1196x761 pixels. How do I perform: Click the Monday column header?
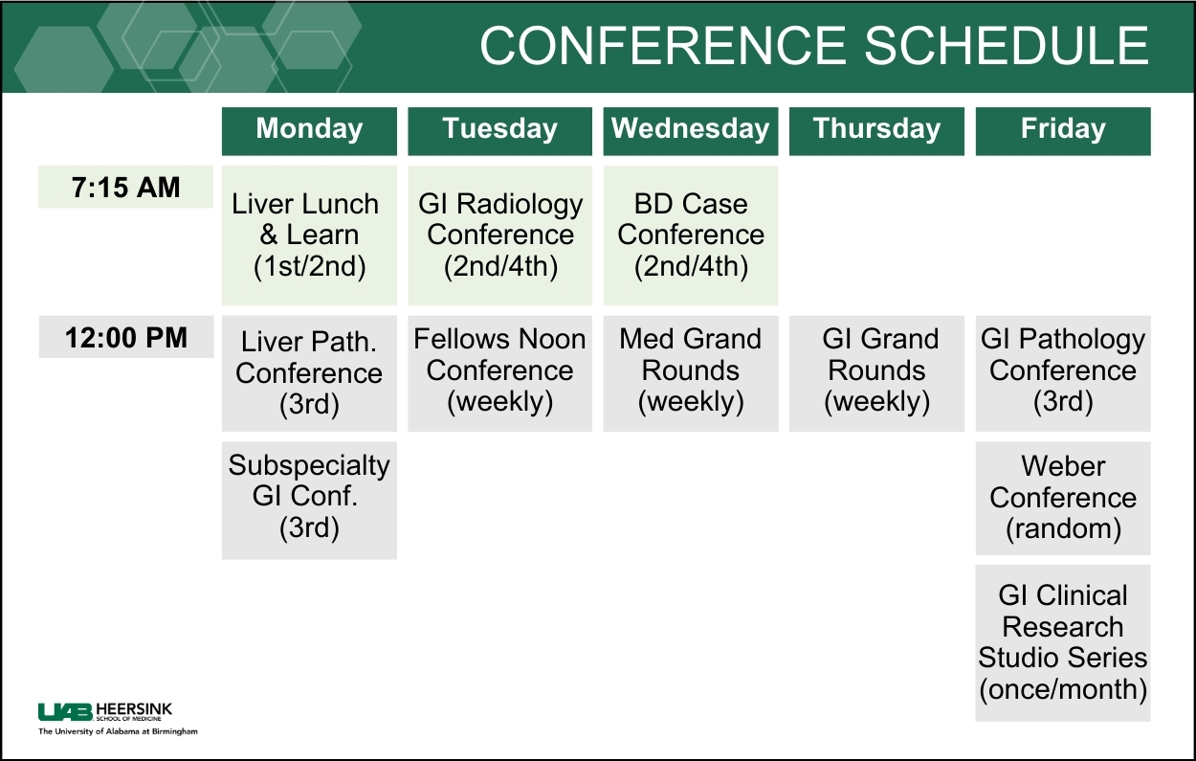pos(309,131)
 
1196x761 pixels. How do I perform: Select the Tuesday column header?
pos(499,131)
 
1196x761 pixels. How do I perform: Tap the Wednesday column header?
pos(691,131)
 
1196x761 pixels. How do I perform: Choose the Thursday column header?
pos(876,131)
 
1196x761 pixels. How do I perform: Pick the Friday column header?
pos(1063,131)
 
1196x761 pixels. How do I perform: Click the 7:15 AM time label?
pos(126,187)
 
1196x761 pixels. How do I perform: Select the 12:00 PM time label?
pos(126,337)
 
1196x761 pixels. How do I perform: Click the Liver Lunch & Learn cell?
pos(309,235)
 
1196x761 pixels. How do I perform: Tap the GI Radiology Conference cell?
pos(499,235)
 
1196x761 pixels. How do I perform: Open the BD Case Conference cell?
pos(691,235)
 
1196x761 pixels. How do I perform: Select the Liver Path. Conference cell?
pos(309,373)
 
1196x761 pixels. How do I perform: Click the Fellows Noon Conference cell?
pos(499,373)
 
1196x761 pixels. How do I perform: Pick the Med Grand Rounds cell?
pos(691,373)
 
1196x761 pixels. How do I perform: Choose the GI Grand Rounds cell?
pos(876,373)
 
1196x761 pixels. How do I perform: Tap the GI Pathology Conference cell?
pos(1063,373)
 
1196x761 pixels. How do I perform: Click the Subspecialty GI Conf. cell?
pos(309,501)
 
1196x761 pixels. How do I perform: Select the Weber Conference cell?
pos(1063,499)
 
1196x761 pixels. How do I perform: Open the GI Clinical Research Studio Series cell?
pos(1063,643)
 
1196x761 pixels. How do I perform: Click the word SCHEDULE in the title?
pos(1006,46)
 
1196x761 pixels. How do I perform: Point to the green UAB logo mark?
pos(65,712)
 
